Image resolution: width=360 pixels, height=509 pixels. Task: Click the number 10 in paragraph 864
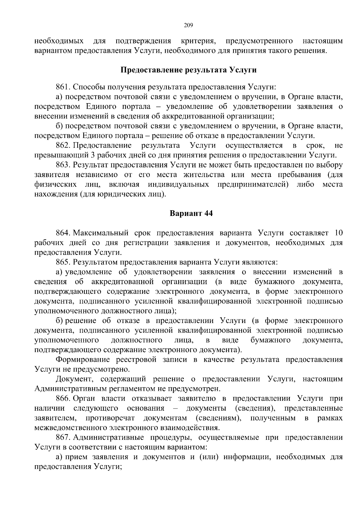coord(338,233)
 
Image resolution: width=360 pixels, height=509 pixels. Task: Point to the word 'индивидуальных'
coord(178,184)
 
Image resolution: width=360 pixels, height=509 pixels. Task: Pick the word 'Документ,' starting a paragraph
coord(74,379)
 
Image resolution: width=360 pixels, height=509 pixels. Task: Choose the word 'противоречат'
coord(110,418)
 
